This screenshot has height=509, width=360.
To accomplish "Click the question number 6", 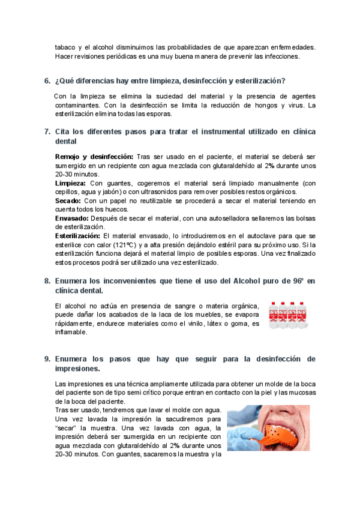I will click(47, 81).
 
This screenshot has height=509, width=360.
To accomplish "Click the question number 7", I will click(47, 131).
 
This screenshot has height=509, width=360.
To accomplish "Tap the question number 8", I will click(47, 280).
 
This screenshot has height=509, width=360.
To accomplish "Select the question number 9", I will click(47, 359).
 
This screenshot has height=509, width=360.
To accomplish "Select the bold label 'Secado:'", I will click(68, 200).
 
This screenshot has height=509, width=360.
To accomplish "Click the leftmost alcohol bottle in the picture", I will click(274, 316).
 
